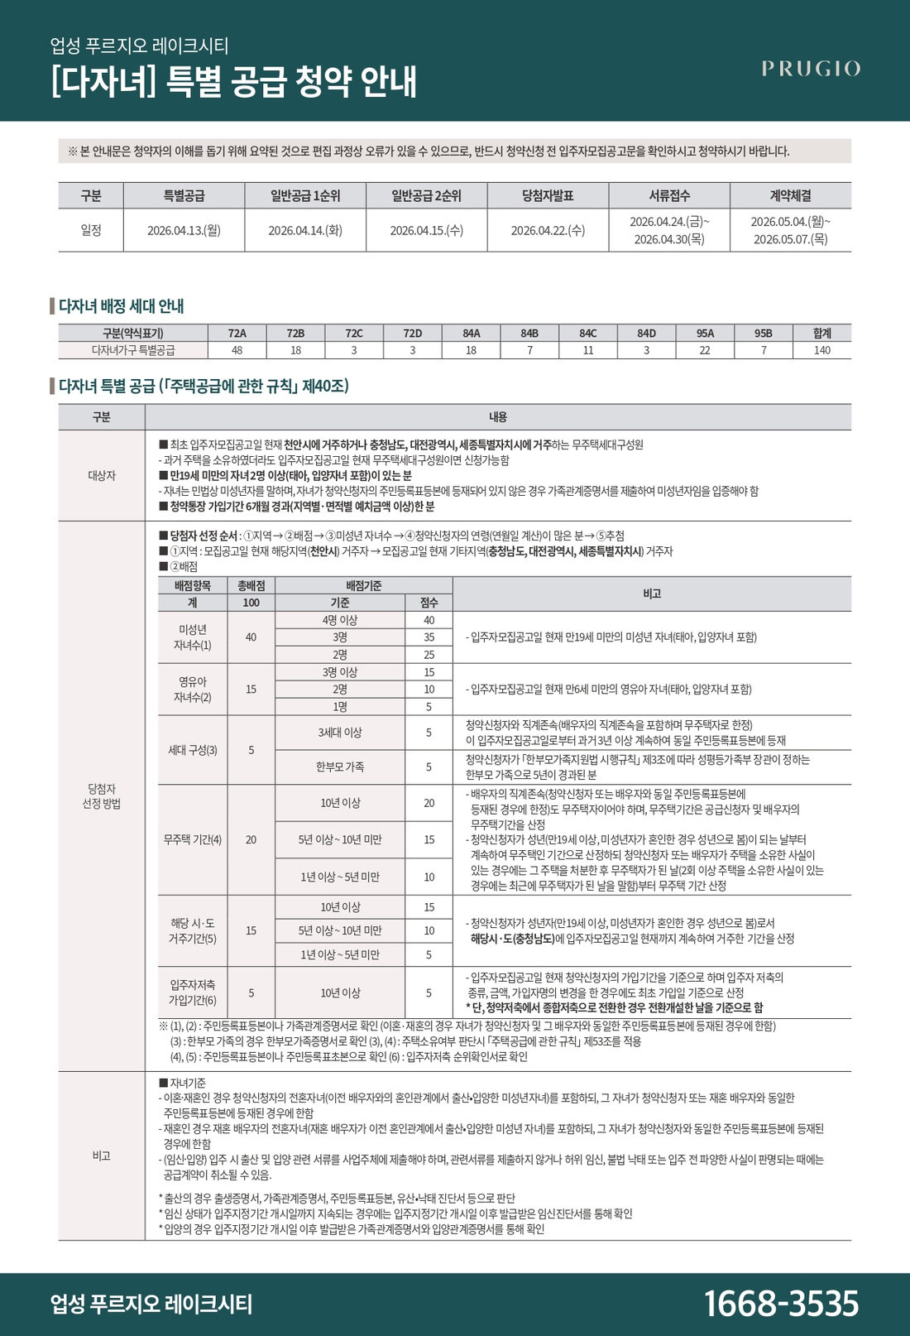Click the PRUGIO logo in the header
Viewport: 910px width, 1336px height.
coord(811,69)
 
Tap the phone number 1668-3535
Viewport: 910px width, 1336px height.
coord(781,1303)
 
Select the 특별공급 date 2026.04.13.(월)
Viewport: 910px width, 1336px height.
coord(184,230)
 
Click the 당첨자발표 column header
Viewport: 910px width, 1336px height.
coord(548,195)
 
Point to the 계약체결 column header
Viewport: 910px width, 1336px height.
coord(790,195)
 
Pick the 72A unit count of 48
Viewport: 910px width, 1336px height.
coord(237,350)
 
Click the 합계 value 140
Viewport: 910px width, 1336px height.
coord(821,350)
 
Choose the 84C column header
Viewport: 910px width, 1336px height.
coord(588,333)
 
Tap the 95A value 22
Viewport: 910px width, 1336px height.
coord(705,350)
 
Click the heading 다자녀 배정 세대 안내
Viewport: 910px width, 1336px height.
coord(122,306)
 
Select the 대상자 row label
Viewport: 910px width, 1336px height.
coord(102,475)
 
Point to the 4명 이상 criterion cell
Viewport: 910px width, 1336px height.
coord(340,620)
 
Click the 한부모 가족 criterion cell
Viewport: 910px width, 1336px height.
coord(340,767)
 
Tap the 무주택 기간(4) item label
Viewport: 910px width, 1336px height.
coord(193,839)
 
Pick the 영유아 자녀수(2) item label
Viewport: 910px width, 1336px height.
coord(193,689)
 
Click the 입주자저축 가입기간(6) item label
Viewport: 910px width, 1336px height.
coord(193,992)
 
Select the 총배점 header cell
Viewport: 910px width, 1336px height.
coord(251,585)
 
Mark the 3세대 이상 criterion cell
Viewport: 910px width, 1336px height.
coord(340,733)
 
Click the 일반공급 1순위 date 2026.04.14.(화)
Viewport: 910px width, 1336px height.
coord(305,230)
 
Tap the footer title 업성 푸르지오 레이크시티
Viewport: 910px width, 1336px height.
coord(151,1304)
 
